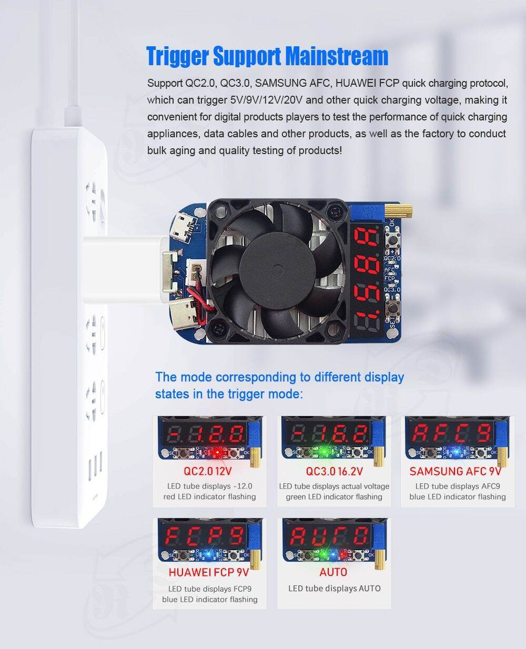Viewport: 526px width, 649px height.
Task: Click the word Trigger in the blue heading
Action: (x=178, y=56)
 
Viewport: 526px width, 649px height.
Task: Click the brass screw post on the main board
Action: (x=391, y=210)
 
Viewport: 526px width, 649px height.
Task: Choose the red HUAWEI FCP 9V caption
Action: (x=208, y=572)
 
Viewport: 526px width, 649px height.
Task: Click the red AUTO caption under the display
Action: (x=333, y=572)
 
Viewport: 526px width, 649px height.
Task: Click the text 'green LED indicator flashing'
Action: (x=334, y=496)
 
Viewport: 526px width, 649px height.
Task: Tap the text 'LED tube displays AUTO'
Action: (x=334, y=589)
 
